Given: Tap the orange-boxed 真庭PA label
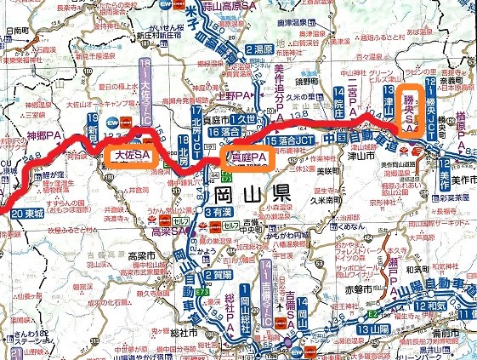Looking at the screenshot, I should click(x=247, y=157).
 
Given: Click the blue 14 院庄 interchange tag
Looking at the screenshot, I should click(x=340, y=101).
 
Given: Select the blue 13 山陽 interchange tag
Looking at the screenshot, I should click(x=373, y=329).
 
